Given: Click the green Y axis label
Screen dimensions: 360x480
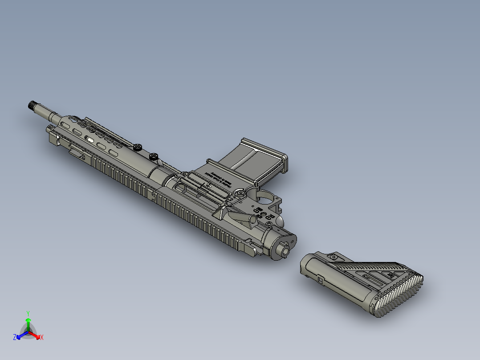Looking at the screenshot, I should (28, 313).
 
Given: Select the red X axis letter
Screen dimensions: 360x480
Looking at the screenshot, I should (42, 338).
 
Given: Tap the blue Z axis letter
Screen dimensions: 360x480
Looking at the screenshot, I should (15, 338).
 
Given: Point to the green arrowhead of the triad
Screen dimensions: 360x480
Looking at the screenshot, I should (28, 320).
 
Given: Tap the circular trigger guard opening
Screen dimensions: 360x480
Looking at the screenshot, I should (265, 196).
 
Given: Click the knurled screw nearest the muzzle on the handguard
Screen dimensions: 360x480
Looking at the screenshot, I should (138, 146).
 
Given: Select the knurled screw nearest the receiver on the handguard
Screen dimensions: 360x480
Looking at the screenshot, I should (154, 156).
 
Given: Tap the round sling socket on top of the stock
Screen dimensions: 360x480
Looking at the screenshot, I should (332, 257).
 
